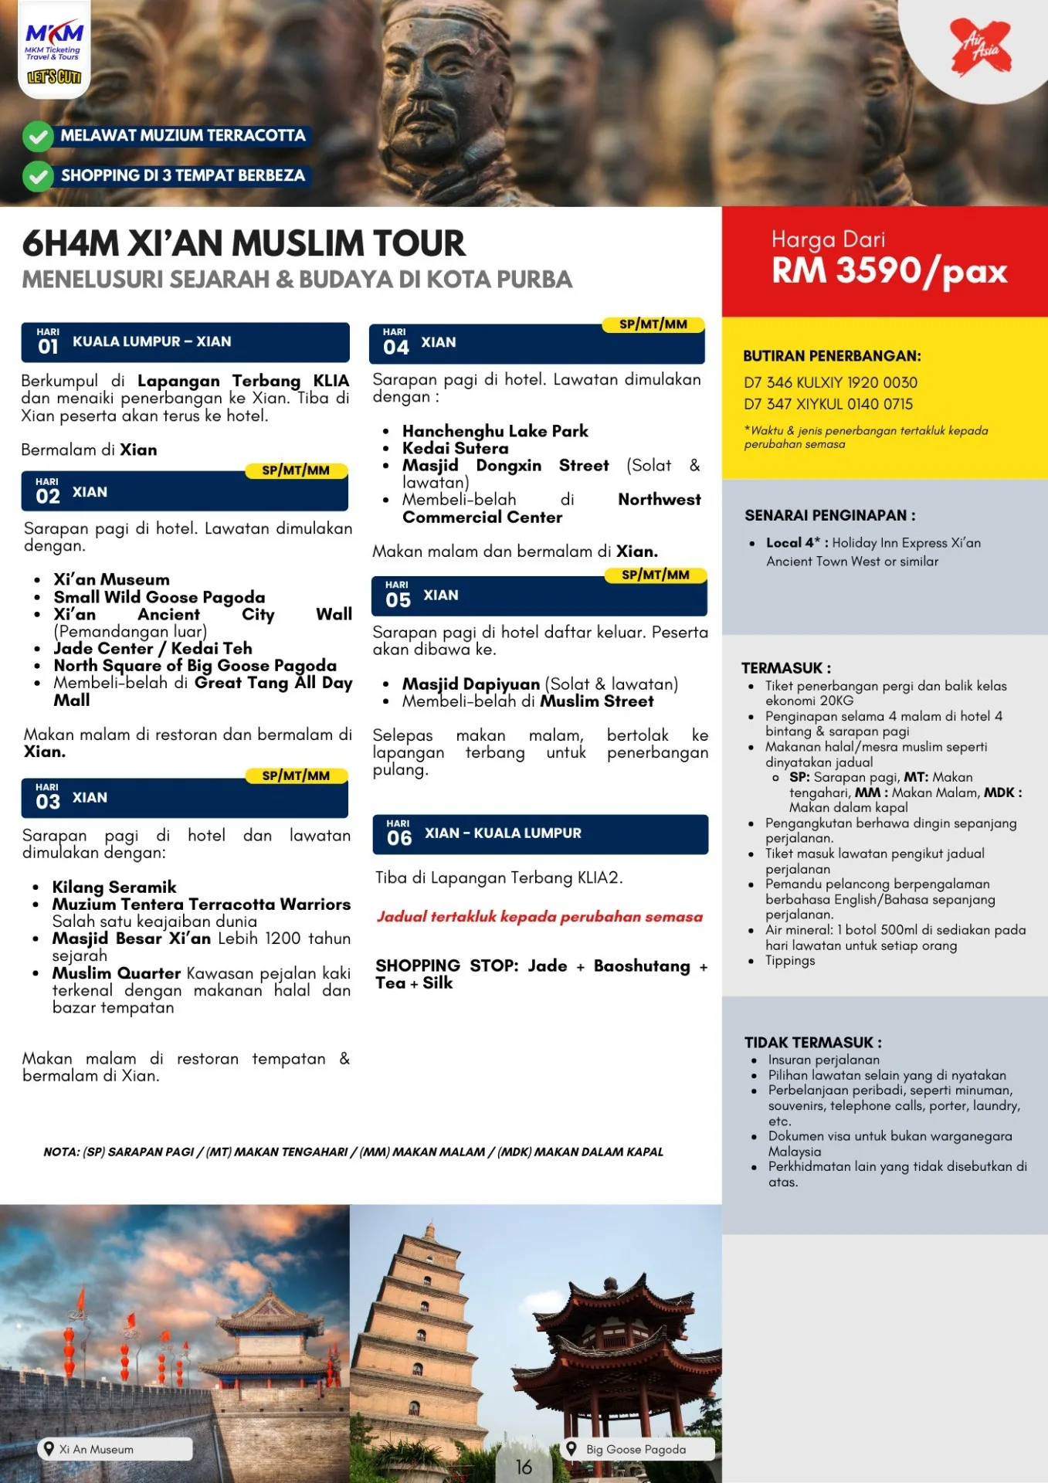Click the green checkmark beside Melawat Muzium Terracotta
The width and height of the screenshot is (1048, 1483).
[x=37, y=137]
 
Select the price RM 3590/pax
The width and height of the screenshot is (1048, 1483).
[x=889, y=271]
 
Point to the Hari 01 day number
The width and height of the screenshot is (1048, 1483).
[x=48, y=346]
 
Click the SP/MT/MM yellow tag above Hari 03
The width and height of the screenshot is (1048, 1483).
[x=296, y=775]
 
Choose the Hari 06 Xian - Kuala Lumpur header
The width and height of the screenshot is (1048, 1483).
[x=540, y=833]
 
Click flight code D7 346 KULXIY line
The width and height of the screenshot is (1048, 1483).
[x=830, y=382]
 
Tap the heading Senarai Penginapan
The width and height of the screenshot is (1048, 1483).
[x=829, y=515]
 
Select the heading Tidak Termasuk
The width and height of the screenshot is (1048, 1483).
[x=812, y=1042]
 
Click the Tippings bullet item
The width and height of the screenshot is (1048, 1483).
[x=789, y=960]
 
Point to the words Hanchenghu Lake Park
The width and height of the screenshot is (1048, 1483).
[x=495, y=431]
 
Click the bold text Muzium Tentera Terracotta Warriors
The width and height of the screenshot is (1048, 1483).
[x=201, y=904]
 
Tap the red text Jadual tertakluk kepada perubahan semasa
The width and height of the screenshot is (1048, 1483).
[x=539, y=917]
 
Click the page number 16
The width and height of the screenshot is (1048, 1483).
[x=524, y=1467]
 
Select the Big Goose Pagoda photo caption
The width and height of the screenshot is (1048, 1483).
[x=635, y=1449]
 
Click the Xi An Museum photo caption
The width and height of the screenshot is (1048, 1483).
[x=96, y=1449]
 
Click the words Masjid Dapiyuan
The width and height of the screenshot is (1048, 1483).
[x=470, y=684]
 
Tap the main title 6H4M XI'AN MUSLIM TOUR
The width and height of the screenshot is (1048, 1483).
[x=243, y=243]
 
